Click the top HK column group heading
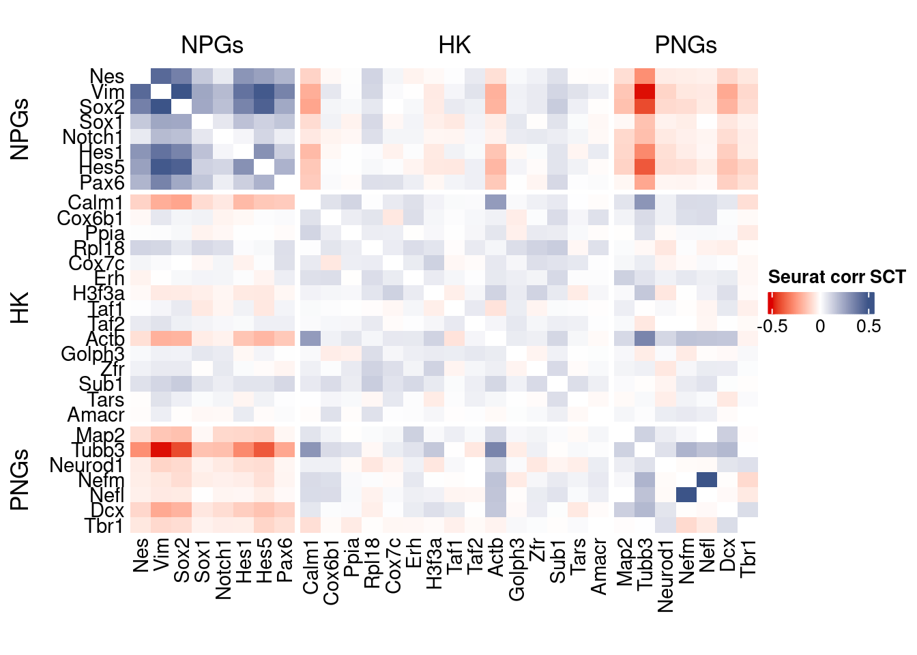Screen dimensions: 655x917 click(x=454, y=45)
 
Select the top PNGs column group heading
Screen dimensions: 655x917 click(x=685, y=45)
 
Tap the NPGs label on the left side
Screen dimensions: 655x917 click(x=20, y=129)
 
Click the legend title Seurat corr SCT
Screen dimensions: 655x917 click(x=836, y=277)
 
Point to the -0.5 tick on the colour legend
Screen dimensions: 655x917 click(x=774, y=326)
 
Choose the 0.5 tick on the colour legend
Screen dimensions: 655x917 click(x=869, y=326)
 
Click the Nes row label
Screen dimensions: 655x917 click(x=107, y=76)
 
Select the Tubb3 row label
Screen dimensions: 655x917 click(x=98, y=450)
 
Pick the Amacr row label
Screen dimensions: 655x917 click(x=96, y=415)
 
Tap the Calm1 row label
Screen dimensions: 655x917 click(x=96, y=203)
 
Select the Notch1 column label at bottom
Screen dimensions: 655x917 click(x=224, y=568)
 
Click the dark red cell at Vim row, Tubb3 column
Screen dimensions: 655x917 click(x=645, y=91)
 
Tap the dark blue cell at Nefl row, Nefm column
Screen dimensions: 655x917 click(x=686, y=495)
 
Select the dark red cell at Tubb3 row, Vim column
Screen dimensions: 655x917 click(x=162, y=450)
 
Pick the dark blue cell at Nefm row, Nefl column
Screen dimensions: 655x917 click(x=707, y=480)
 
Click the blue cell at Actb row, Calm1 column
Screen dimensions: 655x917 click(x=310, y=338)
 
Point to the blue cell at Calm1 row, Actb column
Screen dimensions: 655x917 click(x=496, y=202)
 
